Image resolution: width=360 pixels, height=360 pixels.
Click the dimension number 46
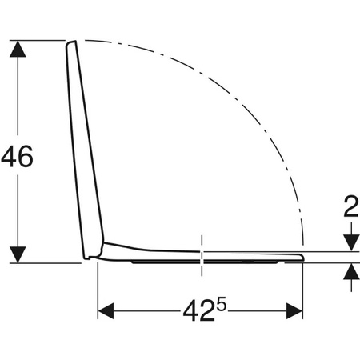[x=17, y=157]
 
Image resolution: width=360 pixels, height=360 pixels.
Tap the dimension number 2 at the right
[x=351, y=206]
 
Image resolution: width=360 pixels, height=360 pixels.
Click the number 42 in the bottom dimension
[x=199, y=311]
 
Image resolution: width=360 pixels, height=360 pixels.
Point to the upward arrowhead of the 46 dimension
[x=18, y=49]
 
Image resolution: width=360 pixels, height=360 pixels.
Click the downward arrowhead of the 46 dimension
[x=18, y=254]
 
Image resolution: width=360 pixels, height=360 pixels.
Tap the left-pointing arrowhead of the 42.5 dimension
[x=106, y=311]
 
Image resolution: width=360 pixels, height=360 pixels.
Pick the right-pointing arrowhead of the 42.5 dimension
[x=294, y=311]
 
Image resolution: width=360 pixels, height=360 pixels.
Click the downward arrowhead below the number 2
[x=351, y=243]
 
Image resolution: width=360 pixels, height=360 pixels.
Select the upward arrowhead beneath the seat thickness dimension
[x=351, y=271]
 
